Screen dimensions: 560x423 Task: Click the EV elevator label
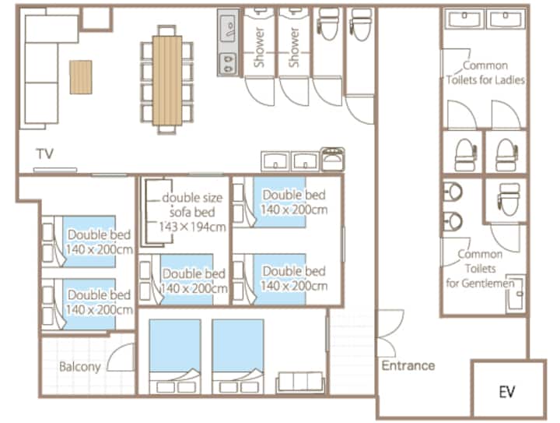click(x=507, y=392)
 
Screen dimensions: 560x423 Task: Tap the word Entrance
click(x=408, y=365)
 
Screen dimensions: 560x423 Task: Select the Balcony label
click(x=79, y=367)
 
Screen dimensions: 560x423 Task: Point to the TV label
click(x=45, y=153)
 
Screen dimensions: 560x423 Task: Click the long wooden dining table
click(x=167, y=80)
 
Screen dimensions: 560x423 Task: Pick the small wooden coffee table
click(x=81, y=77)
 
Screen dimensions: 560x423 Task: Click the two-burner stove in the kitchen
click(x=228, y=63)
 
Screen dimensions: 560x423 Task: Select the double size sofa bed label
click(x=192, y=212)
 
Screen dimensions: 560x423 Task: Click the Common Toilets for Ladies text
click(x=485, y=72)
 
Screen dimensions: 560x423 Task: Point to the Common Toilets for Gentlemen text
click(x=480, y=269)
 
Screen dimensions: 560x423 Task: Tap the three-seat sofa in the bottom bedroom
click(x=300, y=382)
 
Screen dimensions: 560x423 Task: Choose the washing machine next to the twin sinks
click(x=332, y=160)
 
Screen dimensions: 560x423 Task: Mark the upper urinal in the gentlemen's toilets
click(x=453, y=192)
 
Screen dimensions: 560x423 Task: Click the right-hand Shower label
click(x=293, y=48)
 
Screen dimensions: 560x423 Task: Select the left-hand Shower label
click(x=259, y=48)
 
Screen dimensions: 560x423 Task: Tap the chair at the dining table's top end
click(x=166, y=30)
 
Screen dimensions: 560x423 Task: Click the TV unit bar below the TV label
click(x=55, y=170)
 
